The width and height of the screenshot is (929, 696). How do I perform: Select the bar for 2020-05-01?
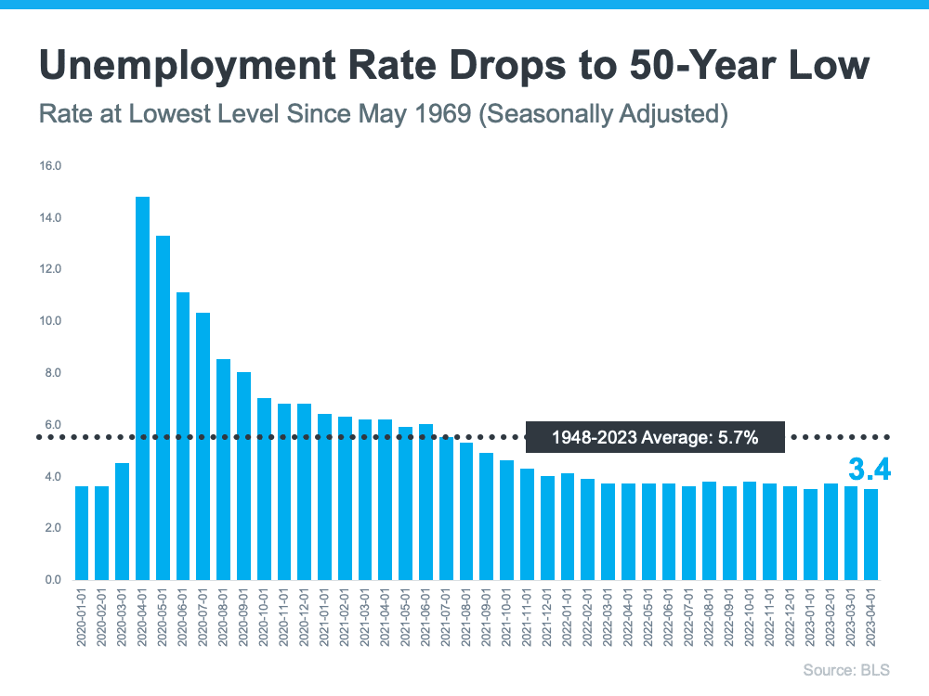(163, 407)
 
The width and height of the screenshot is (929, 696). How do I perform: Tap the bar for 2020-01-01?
(82, 533)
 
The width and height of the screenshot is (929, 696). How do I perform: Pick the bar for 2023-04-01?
(870, 535)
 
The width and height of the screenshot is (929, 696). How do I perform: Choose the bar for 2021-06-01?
(425, 502)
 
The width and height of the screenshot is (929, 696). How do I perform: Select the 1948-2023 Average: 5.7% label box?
(655, 436)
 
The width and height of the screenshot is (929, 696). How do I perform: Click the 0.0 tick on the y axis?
(52, 580)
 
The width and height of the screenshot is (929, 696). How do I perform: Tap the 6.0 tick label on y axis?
(52, 425)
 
